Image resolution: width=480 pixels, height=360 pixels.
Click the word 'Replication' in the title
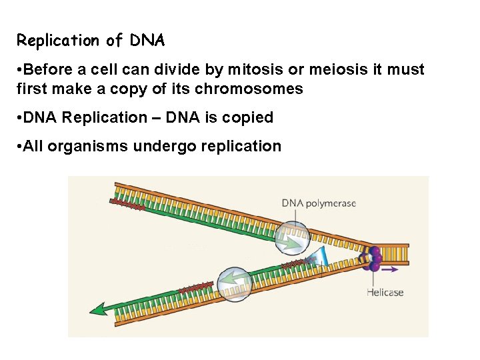pyautogui.click(x=58, y=41)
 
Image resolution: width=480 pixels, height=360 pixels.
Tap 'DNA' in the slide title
pyautogui.click(x=147, y=41)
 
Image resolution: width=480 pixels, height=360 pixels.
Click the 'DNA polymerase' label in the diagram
pyautogui.click(x=319, y=203)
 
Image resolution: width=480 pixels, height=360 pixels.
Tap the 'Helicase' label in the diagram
pyautogui.click(x=385, y=292)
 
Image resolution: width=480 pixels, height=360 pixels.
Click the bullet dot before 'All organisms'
pyautogui.click(x=20, y=146)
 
